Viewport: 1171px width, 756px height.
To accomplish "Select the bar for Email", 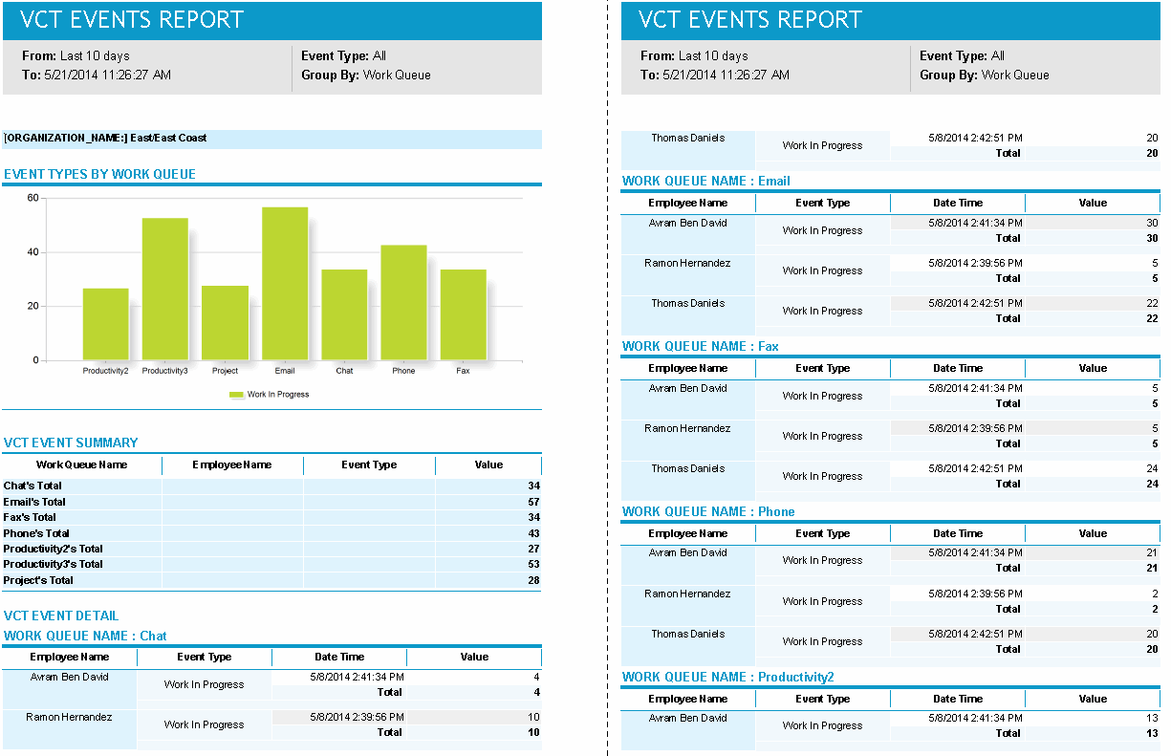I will [285, 284].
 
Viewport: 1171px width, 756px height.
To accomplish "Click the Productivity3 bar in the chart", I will [164, 290].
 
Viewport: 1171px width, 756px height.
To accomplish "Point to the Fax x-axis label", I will [463, 371].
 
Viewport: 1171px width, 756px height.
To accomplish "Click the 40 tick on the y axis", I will [33, 252].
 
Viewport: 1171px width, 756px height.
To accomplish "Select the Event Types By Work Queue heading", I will [99, 174].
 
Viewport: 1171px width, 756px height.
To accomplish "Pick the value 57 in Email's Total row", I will [533, 502].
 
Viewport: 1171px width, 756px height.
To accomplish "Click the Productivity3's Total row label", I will [53, 565].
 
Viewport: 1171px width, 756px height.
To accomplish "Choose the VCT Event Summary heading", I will [71, 443].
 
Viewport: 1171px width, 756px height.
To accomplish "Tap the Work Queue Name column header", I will [82, 465].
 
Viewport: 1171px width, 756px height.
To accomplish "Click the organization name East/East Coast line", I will [105, 139].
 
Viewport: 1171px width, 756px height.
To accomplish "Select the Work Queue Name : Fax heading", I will [700, 346].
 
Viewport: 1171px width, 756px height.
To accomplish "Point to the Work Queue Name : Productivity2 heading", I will [727, 677].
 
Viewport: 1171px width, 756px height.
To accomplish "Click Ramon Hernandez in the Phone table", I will [687, 594].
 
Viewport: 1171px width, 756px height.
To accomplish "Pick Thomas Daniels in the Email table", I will [687, 303].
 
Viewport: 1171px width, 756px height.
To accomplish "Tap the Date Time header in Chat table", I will [339, 657].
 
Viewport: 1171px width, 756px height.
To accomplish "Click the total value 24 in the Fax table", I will [1151, 484].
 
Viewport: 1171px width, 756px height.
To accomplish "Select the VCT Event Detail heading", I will [61, 616].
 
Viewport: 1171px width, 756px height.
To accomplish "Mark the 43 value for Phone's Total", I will [533, 533].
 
